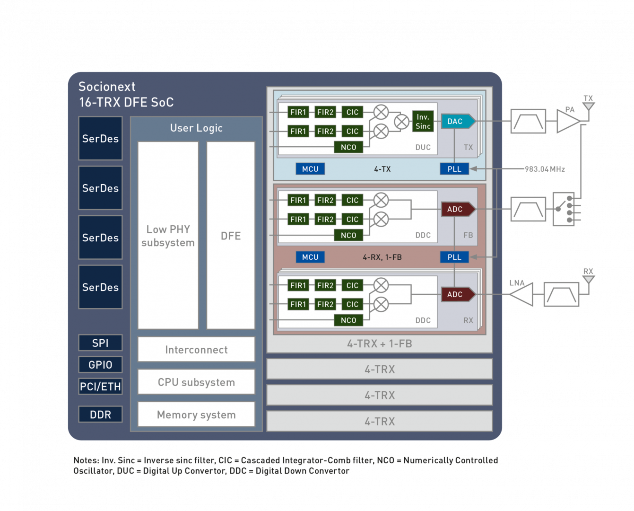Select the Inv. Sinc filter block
(x=423, y=122)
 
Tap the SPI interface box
(x=100, y=343)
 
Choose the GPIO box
(x=100, y=365)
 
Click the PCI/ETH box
(x=100, y=387)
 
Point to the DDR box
(x=100, y=414)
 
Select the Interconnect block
(x=196, y=350)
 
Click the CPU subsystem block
(x=196, y=382)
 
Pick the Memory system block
(x=196, y=414)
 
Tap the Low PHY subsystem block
(x=168, y=236)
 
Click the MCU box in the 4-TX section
(x=310, y=169)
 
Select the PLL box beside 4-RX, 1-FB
(x=454, y=257)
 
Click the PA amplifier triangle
(x=567, y=121)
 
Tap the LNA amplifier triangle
(x=523, y=294)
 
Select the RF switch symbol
(x=565, y=209)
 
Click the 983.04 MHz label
(x=545, y=169)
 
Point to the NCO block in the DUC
(x=348, y=147)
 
